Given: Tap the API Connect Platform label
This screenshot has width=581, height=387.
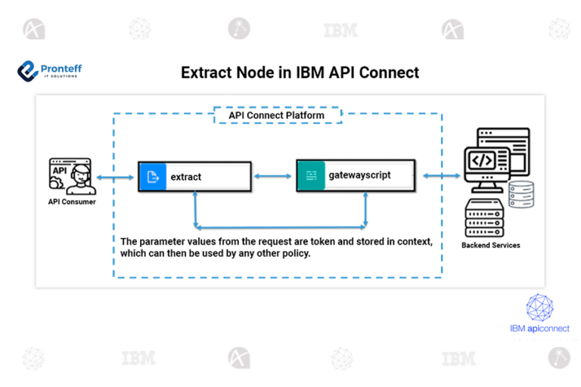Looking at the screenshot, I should coord(276,116).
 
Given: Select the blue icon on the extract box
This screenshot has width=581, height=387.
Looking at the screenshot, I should coord(151,177).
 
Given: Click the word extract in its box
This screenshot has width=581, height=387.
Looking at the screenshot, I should coord(186,177).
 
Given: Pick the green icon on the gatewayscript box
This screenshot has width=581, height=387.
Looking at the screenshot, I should coord(310,175).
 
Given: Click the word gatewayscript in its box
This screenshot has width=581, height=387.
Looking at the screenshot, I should coord(359,175).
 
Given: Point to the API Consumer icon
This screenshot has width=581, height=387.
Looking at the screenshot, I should coord(70,175).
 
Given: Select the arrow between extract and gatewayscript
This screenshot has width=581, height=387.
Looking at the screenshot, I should coord(272,176).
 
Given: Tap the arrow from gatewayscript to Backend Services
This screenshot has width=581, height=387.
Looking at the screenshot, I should coord(441,175).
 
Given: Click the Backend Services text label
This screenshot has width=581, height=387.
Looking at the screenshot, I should coord(491,246).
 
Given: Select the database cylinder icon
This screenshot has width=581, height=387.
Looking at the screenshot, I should coord(520,195).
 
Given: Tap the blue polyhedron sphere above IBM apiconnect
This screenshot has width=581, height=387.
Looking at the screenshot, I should coord(539,307).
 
